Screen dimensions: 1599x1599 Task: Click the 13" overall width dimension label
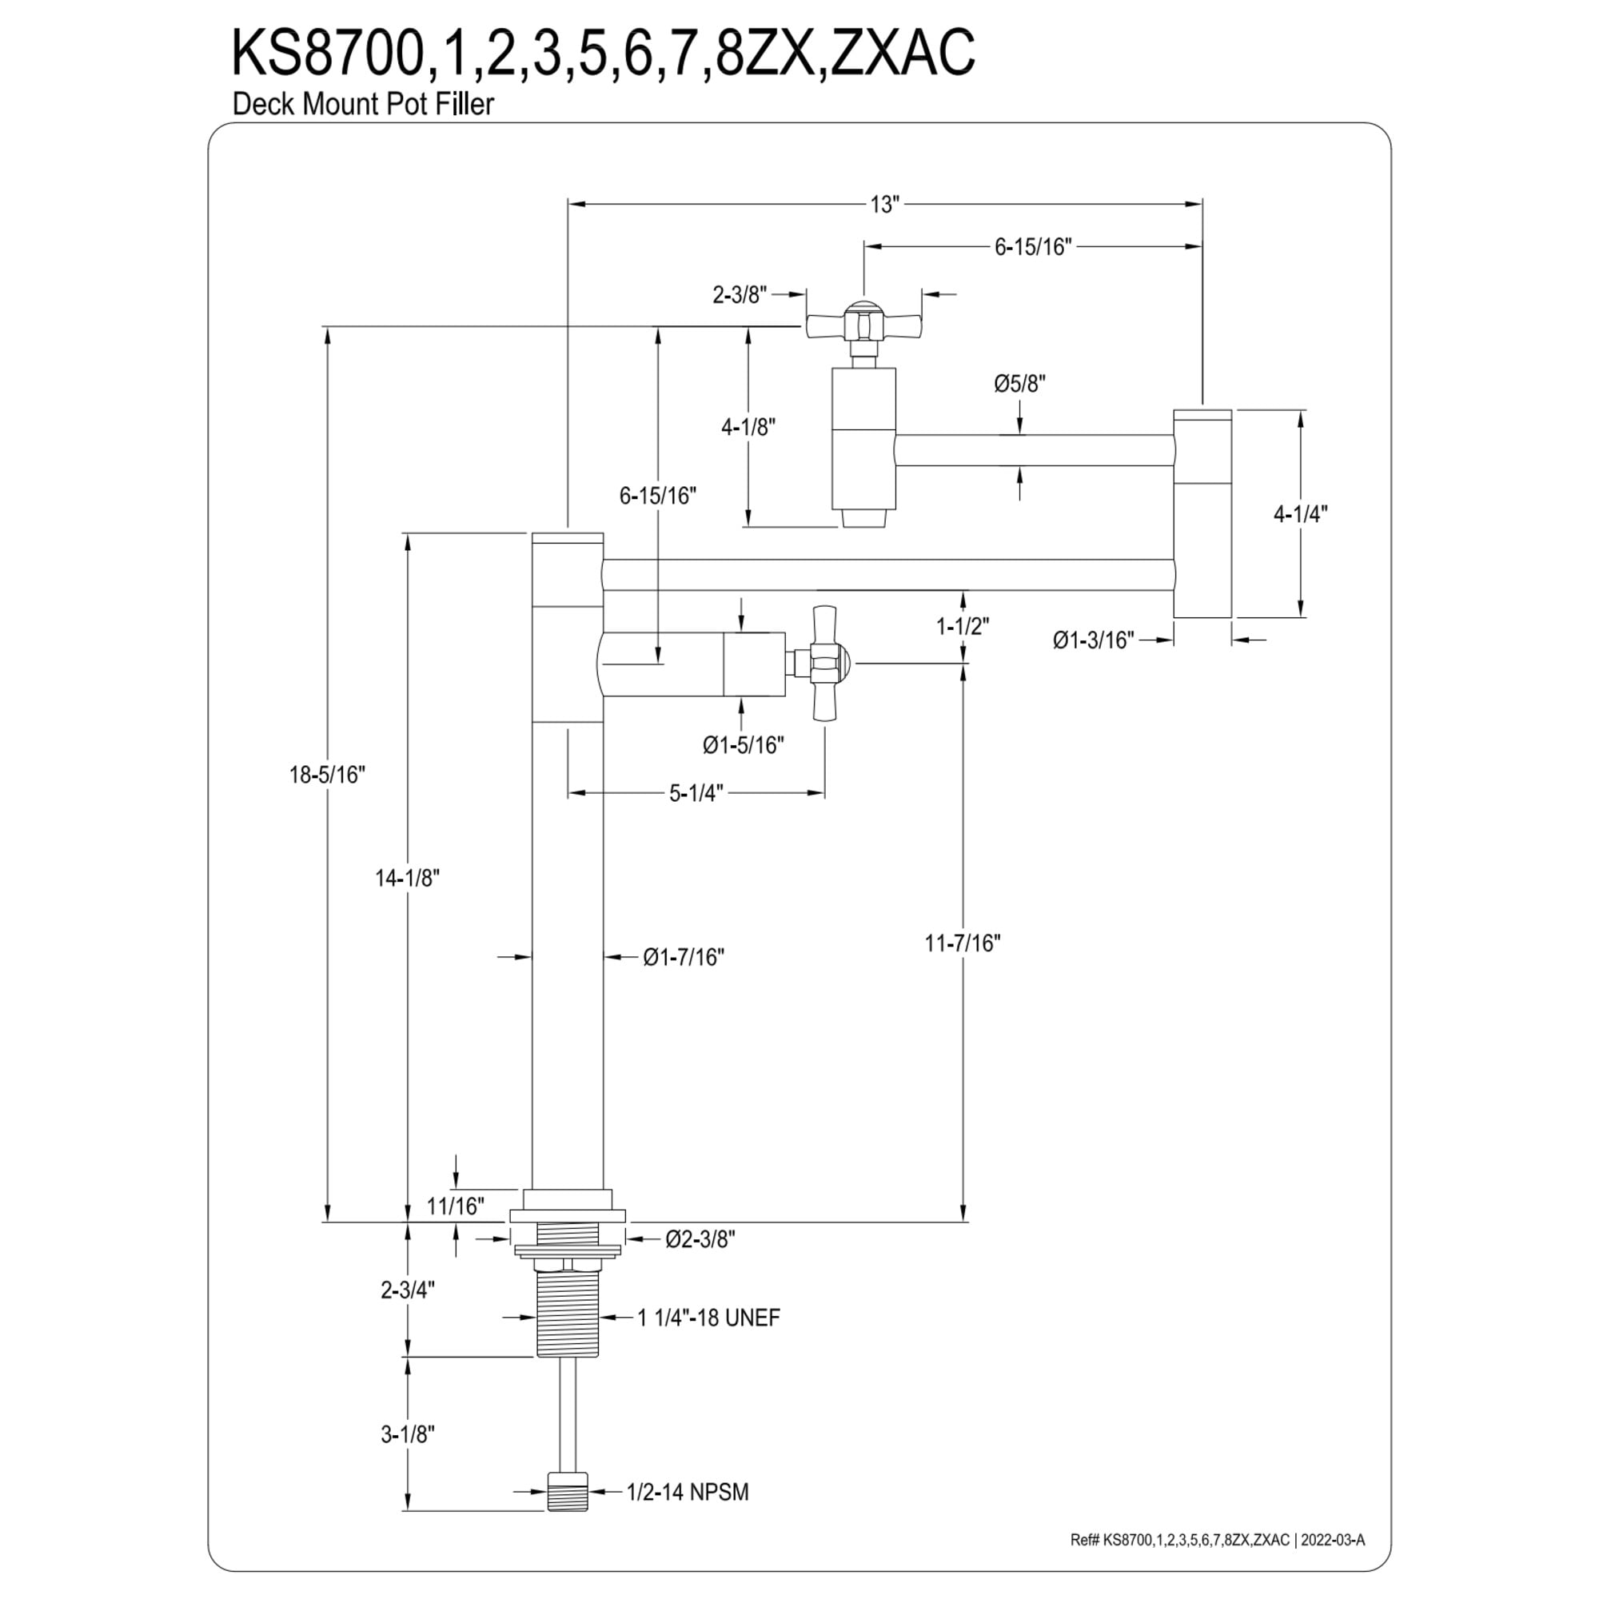[884, 205]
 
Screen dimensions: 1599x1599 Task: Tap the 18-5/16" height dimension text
[327, 775]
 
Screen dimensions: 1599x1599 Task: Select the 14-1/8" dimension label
[407, 878]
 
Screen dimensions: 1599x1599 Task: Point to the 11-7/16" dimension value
[963, 943]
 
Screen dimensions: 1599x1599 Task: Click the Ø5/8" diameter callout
[1019, 384]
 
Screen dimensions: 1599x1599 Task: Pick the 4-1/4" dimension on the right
[1300, 514]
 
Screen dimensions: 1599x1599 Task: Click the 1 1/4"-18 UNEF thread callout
[708, 1318]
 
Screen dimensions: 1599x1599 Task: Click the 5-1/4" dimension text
[696, 793]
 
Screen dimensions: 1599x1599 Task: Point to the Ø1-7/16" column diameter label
[684, 957]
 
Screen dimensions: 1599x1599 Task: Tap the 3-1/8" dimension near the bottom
[408, 1434]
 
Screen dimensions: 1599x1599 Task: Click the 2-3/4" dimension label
[408, 1290]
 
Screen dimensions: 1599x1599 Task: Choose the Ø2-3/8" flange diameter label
[700, 1239]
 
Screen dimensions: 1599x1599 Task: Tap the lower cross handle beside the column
[824, 663]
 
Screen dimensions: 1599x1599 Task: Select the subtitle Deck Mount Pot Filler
[363, 104]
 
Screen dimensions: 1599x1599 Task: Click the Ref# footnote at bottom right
[1218, 1541]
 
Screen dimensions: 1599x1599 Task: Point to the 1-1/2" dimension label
[963, 627]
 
